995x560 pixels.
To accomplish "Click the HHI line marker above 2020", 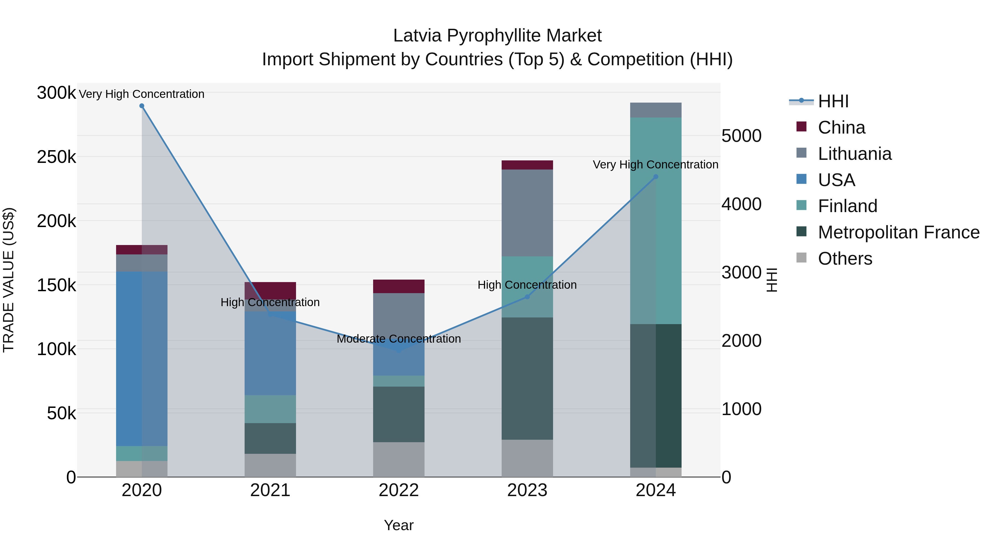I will pyautogui.click(x=142, y=106).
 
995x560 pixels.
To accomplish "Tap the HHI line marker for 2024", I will pyautogui.click(x=656, y=177).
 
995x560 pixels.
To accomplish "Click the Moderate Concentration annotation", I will pyautogui.click(x=399, y=339).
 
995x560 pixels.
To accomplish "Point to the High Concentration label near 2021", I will pyautogui.click(x=270, y=302).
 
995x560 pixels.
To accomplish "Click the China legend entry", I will pyautogui.click(x=841, y=127).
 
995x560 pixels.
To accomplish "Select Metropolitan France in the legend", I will pyautogui.click(x=899, y=232).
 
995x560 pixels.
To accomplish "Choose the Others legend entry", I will pyautogui.click(x=845, y=259).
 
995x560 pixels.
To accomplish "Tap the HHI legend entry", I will pyautogui.click(x=833, y=101).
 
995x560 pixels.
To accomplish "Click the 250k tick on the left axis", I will pyautogui.click(x=56, y=157).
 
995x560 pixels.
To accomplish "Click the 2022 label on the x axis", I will pyautogui.click(x=399, y=490).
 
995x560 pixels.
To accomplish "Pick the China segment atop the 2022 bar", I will pyautogui.click(x=399, y=286).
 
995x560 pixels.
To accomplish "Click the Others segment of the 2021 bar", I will pyautogui.click(x=270, y=465).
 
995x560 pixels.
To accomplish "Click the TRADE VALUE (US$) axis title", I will pyautogui.click(x=9, y=280).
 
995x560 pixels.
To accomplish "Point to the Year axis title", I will pyautogui.click(x=399, y=525).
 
